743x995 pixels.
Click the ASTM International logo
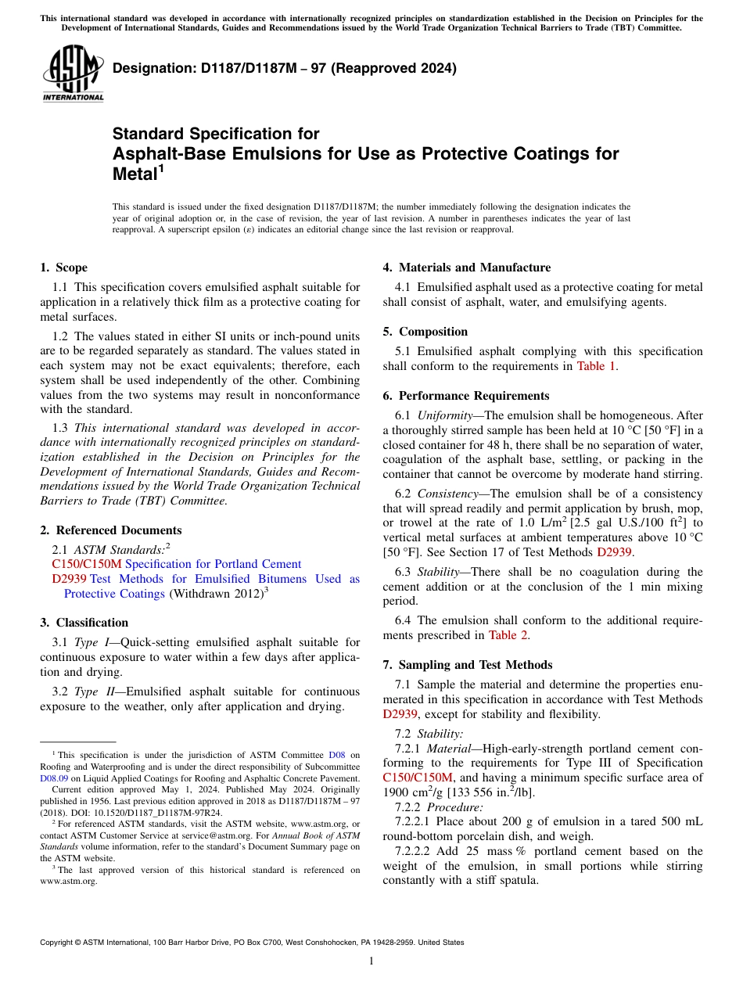point(73,74)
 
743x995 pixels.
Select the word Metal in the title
point(135,174)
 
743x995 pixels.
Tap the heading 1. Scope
point(64,268)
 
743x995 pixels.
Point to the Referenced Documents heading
point(111,530)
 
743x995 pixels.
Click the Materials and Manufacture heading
point(467,268)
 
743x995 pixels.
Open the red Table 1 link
point(596,366)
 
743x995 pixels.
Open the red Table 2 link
point(508,635)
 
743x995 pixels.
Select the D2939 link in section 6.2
point(614,552)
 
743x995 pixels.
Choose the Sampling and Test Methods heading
point(468,665)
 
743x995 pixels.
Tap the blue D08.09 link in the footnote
point(54,778)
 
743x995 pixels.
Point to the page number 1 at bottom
point(371,961)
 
